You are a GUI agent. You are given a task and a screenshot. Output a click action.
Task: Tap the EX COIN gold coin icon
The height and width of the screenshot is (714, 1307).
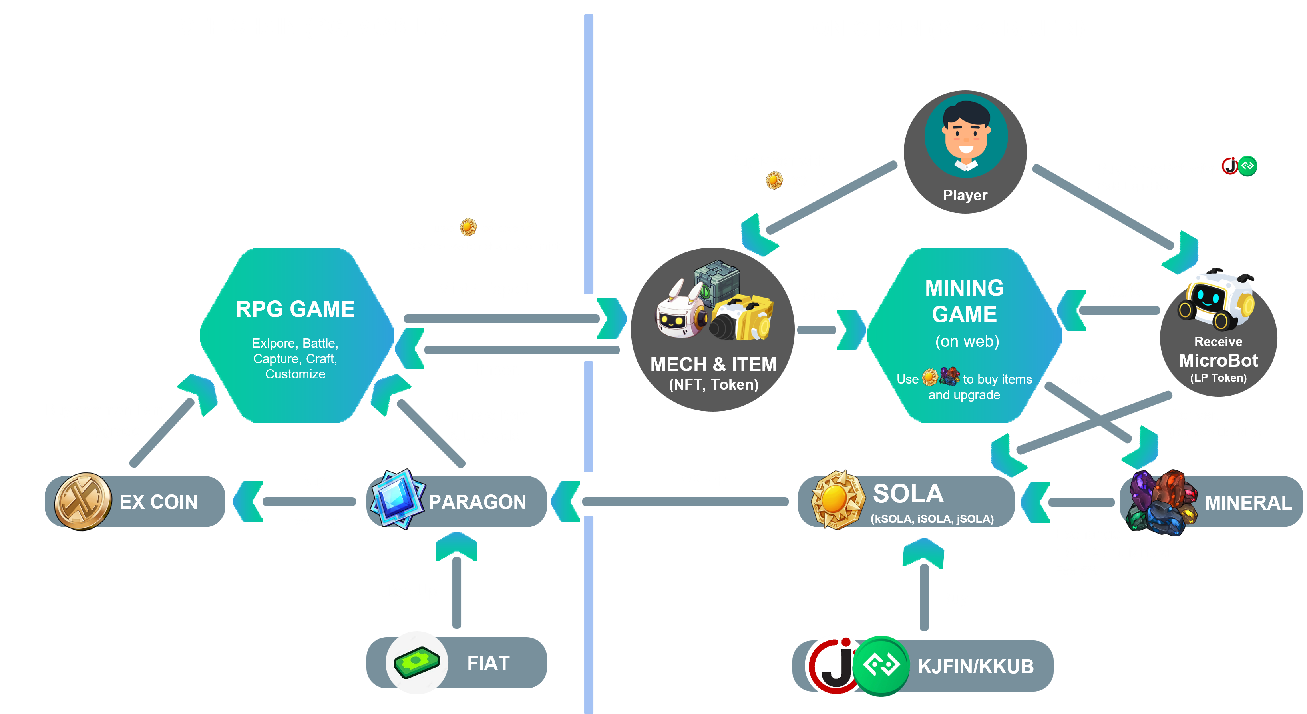click(83, 501)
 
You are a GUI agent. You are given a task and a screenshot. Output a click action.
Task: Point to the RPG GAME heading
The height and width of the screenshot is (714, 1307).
click(295, 309)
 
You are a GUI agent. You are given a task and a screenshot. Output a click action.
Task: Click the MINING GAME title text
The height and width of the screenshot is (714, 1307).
click(964, 301)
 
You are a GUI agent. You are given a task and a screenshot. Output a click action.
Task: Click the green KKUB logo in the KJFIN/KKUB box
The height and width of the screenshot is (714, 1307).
click(881, 665)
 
